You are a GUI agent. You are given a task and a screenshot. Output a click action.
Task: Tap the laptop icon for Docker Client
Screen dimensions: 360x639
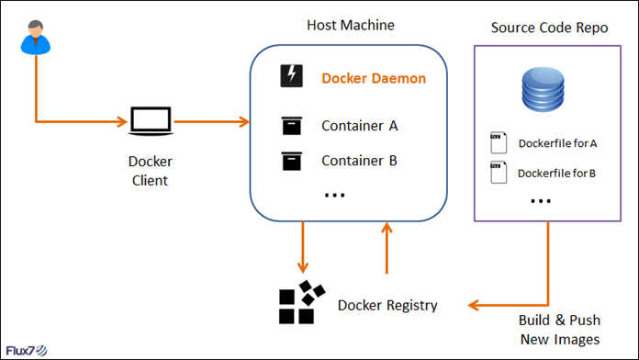pos(150,121)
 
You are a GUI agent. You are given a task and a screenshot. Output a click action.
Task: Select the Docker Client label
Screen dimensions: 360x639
pos(150,171)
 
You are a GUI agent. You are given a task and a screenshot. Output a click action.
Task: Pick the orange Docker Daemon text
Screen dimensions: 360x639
pos(374,79)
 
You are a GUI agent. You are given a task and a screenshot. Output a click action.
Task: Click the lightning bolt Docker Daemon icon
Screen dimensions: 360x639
pos(291,77)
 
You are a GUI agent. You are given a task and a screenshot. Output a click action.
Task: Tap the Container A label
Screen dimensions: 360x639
pos(359,126)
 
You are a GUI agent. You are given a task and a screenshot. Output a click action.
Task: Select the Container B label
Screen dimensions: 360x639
pos(359,161)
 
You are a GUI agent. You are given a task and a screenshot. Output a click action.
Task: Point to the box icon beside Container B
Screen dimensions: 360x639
pos(291,161)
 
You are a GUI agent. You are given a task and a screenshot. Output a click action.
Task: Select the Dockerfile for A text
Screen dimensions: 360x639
pos(557,144)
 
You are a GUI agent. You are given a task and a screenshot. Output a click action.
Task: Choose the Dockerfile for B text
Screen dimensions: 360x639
pos(557,172)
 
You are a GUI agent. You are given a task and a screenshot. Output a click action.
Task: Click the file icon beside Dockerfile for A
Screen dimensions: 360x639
pos(497,144)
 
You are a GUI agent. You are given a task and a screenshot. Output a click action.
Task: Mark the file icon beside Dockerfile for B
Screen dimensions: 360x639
pos(497,172)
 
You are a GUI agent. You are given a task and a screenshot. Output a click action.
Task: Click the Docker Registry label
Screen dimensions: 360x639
pos(387,305)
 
